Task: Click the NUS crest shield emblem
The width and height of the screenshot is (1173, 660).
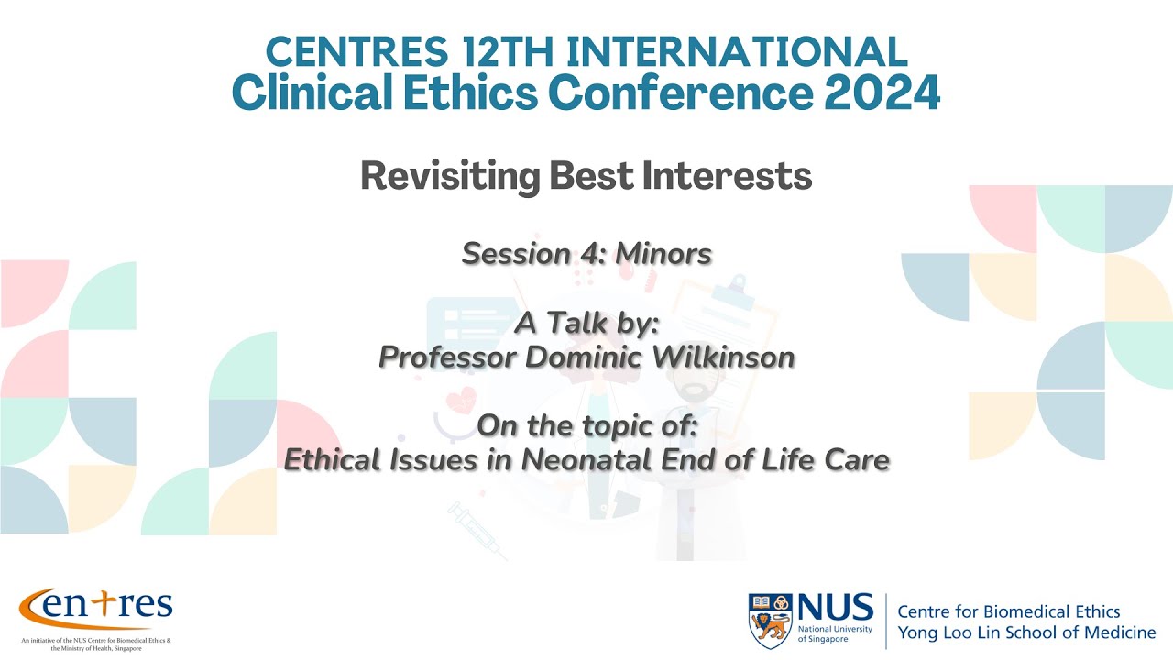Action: (770, 619)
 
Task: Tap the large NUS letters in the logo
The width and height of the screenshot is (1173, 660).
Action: (835, 608)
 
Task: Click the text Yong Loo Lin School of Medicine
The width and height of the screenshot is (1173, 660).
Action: (1026, 632)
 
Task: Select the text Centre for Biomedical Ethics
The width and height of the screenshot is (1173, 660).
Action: (1008, 611)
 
